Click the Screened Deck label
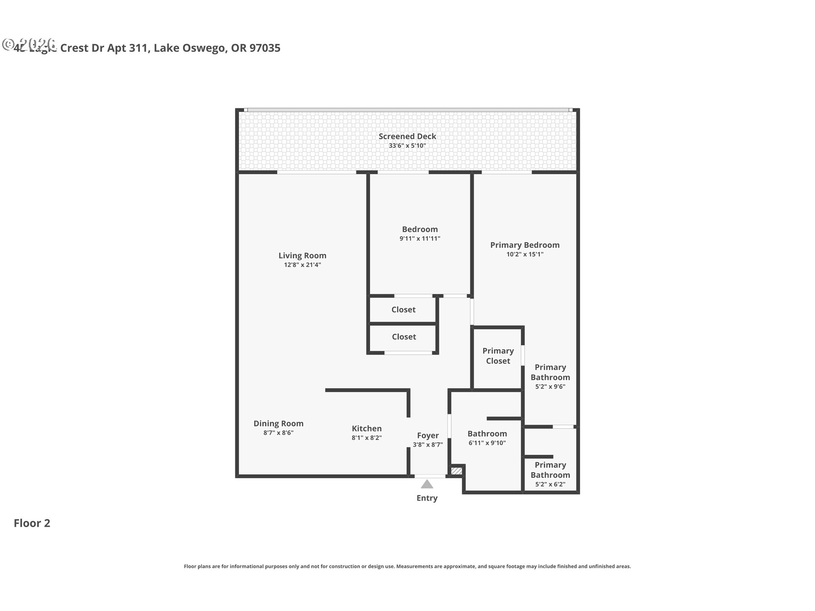[407, 136]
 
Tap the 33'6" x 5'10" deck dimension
[407, 146]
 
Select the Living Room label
[302, 255]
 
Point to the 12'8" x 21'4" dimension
[302, 265]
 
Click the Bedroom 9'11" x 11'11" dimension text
[419, 239]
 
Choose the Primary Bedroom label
[525, 245]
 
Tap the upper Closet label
[403, 310]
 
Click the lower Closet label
[404, 337]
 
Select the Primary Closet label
[498, 356]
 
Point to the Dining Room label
[278, 423]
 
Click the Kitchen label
[366, 429]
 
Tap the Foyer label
[427, 435]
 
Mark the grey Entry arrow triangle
[427, 485]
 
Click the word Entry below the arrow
[427, 498]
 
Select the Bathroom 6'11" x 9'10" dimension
[487, 443]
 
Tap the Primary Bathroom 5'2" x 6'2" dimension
[550, 485]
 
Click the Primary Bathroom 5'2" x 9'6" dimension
[550, 387]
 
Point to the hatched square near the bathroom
[456, 471]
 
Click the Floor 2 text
[32, 523]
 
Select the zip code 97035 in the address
[265, 48]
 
